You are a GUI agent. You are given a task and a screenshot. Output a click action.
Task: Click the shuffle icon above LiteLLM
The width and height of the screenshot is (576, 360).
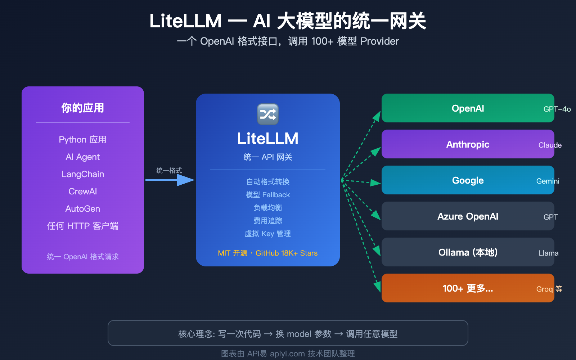[x=267, y=114]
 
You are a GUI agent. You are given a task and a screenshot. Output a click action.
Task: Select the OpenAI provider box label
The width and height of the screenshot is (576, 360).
[x=468, y=108]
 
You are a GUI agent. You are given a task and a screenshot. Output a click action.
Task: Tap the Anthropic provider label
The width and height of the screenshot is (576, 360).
[x=468, y=144]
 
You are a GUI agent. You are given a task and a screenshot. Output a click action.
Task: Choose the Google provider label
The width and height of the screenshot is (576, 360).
[x=468, y=180]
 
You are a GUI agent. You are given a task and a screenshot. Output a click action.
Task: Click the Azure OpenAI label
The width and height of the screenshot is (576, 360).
[x=468, y=216]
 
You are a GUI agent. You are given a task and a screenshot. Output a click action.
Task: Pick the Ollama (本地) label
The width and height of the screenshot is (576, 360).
[x=468, y=252]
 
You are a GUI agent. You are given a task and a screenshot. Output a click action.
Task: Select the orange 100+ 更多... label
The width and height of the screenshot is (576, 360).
[x=468, y=288]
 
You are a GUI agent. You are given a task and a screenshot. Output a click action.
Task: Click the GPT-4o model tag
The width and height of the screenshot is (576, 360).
[x=557, y=109]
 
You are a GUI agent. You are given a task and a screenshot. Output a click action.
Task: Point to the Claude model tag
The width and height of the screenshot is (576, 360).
[x=550, y=145]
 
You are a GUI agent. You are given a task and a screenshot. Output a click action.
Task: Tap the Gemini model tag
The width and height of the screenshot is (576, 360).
[x=548, y=181]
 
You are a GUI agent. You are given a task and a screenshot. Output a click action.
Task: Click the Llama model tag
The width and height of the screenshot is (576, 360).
[x=548, y=253]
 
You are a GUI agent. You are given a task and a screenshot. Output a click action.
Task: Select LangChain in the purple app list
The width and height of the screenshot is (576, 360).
[x=82, y=174]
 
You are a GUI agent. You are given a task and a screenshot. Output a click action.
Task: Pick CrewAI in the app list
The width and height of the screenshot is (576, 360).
[x=82, y=192]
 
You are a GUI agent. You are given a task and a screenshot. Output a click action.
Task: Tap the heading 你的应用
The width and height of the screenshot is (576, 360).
[x=82, y=108]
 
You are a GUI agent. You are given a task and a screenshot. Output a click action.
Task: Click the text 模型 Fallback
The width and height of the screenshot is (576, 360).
[x=267, y=195]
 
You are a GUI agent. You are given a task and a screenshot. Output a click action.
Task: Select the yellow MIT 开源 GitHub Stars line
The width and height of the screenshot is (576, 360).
[x=267, y=253]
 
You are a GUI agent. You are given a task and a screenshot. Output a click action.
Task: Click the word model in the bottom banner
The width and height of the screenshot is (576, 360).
[x=299, y=334]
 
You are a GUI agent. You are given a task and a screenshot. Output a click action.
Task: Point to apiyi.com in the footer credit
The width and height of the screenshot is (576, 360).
[x=287, y=354]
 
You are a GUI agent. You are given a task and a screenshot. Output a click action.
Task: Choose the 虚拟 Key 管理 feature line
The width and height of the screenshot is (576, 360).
[x=267, y=234]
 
